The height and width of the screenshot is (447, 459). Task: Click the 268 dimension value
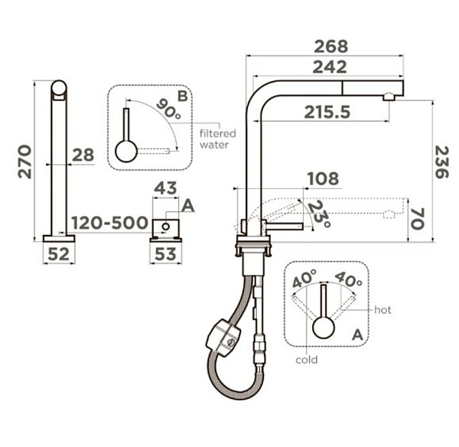click(x=330, y=47)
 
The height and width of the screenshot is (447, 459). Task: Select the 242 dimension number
click(x=330, y=67)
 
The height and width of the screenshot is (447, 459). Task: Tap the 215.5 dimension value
click(x=327, y=113)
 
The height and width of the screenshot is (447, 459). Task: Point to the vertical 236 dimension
click(x=442, y=162)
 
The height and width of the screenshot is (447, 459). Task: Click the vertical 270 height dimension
click(x=24, y=162)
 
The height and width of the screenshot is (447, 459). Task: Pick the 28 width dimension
click(x=83, y=155)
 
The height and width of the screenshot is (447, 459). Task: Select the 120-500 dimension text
click(x=109, y=223)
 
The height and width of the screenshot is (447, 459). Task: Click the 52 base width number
click(x=59, y=254)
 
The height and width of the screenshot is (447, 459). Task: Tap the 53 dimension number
click(x=165, y=254)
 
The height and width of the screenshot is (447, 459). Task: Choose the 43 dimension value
click(x=165, y=188)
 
